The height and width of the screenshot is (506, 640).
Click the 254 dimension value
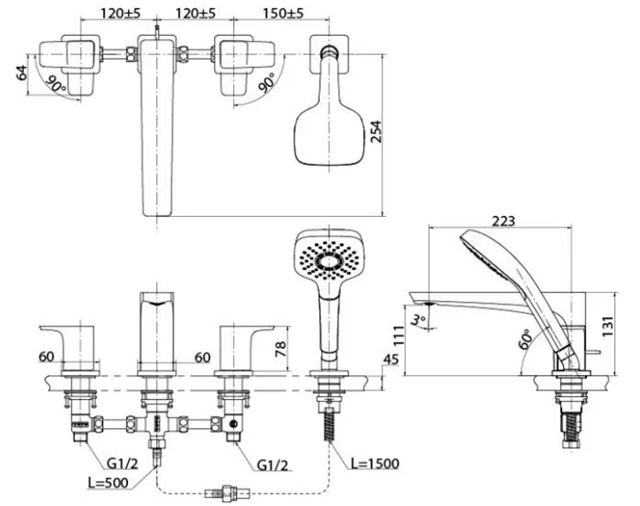(376, 131)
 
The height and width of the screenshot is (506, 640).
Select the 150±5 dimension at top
(283, 13)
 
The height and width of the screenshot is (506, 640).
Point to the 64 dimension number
(22, 72)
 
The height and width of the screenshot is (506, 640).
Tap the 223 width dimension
(503, 221)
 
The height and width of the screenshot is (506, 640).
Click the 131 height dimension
(608, 326)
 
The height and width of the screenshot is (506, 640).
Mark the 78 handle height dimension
(281, 349)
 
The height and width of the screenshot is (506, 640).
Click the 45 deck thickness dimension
(391, 360)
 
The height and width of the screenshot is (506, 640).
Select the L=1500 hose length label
(375, 463)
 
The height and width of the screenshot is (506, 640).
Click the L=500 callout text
(108, 482)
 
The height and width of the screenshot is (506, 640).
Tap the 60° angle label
(526, 339)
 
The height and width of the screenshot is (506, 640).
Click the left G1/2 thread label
(123, 463)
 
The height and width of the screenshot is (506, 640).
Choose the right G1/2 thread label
(272, 465)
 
